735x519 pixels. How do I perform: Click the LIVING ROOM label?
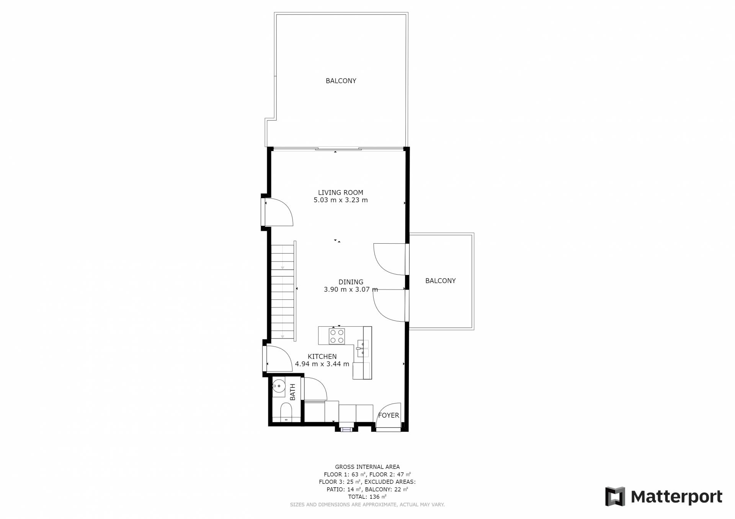[340, 192]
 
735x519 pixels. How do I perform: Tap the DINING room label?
[351, 282]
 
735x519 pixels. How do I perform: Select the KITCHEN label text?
[322, 356]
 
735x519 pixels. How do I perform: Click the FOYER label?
[389, 415]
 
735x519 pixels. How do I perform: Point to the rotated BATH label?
[293, 392]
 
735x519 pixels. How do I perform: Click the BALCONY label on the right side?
[440, 281]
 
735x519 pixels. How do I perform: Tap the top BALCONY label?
[341, 81]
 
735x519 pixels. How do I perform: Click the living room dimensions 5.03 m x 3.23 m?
[340, 200]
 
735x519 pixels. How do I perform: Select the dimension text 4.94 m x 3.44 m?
[322, 364]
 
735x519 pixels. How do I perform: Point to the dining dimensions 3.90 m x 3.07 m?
[351, 290]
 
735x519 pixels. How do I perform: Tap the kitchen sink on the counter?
[363, 349]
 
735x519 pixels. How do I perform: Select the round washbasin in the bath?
[279, 386]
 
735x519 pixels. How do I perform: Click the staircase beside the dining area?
[283, 291]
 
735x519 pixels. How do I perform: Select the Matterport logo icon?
[615, 496]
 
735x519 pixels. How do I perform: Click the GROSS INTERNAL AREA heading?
[367, 467]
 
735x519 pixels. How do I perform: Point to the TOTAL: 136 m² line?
[367, 497]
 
